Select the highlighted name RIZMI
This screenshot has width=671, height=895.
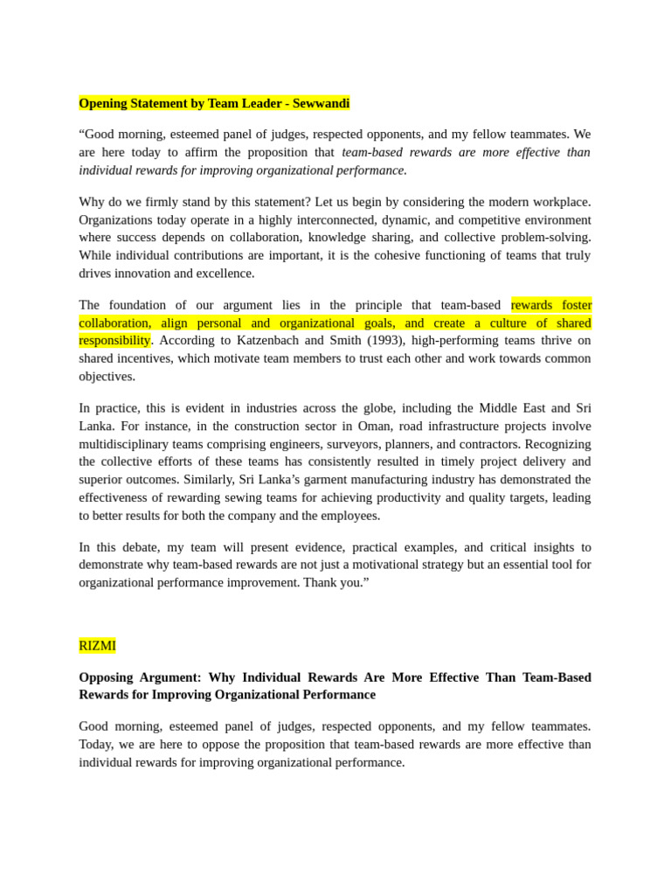click(97, 646)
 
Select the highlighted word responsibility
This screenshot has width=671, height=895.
click(114, 341)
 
